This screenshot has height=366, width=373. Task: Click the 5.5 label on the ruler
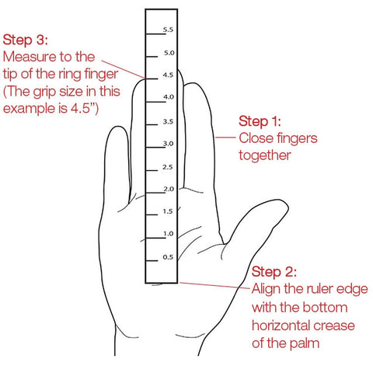pyautogui.click(x=168, y=30)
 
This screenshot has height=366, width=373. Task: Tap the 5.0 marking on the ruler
pyautogui.click(x=169, y=53)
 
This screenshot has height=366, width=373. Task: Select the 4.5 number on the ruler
pyautogui.click(x=168, y=75)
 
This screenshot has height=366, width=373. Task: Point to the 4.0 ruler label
pyautogui.click(x=169, y=97)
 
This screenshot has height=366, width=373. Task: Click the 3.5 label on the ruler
pyautogui.click(x=168, y=121)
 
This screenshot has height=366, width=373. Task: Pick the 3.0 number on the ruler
pyautogui.click(x=168, y=143)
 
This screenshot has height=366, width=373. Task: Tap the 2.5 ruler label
pyautogui.click(x=168, y=167)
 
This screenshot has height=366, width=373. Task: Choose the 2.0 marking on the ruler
pyautogui.click(x=169, y=189)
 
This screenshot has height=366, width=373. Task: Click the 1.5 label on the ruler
pyautogui.click(x=168, y=211)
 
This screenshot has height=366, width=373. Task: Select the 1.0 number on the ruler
pyautogui.click(x=169, y=234)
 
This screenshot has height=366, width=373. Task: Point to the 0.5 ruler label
pyautogui.click(x=168, y=257)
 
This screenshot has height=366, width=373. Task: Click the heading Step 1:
pyautogui.click(x=260, y=121)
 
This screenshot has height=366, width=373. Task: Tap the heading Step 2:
pyautogui.click(x=274, y=272)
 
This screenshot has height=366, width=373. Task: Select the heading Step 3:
pyautogui.click(x=26, y=40)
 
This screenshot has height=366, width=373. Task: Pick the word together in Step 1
pyautogui.click(x=265, y=155)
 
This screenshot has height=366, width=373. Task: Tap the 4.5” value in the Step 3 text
pyautogui.click(x=85, y=108)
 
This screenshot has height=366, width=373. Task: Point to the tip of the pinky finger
pyautogui.click(x=118, y=127)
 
